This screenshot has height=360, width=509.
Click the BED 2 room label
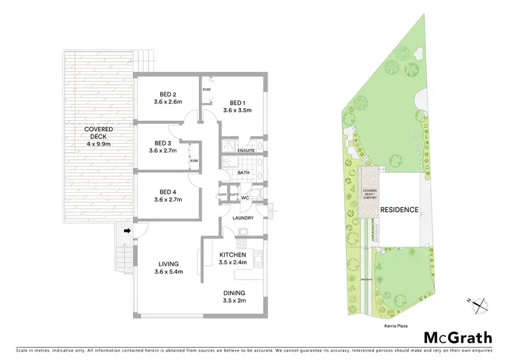(168, 94)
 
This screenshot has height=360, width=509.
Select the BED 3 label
(164, 143)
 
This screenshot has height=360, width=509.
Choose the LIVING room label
(168, 264)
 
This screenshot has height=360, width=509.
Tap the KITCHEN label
(233, 255)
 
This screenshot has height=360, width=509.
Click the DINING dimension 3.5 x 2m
(236, 301)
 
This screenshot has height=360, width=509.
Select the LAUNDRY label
(243, 218)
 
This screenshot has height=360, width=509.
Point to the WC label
(246, 198)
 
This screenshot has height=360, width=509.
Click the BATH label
(244, 173)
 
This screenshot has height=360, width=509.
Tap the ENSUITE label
(246, 150)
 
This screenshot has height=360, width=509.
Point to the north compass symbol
(481, 306)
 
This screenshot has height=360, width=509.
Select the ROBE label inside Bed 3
(193, 161)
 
